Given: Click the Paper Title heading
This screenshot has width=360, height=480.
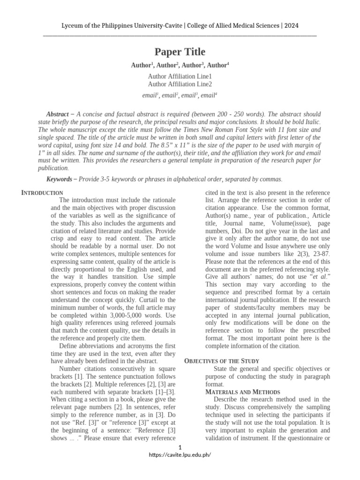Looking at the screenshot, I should click(x=180, y=52).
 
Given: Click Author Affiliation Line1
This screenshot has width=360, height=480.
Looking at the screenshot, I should click(x=180, y=76).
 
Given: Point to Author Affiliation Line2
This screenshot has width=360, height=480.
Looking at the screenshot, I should click(x=180, y=84).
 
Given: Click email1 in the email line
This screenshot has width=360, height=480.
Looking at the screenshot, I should click(x=150, y=95).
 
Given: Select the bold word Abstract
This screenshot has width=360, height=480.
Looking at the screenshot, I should click(x=57, y=114).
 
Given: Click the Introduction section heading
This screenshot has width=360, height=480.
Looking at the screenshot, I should click(x=43, y=193).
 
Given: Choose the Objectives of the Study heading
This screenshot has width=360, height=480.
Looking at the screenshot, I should click(x=222, y=361).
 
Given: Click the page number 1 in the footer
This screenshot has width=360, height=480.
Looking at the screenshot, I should click(x=180, y=447).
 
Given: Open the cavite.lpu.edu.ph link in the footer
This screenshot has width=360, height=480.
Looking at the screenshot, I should click(x=180, y=455).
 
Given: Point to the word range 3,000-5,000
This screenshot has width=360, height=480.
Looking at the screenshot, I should click(x=137, y=315).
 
